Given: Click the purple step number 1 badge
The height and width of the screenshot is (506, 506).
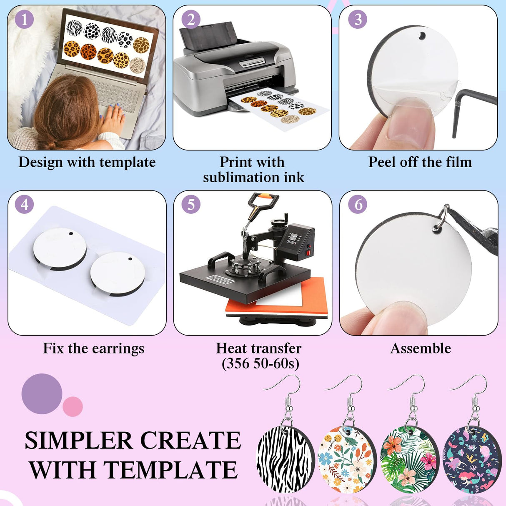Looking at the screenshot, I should (x=24, y=20).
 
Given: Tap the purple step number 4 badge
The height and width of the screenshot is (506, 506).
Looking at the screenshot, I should (x=25, y=205).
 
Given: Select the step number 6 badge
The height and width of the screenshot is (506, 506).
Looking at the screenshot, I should (x=358, y=205).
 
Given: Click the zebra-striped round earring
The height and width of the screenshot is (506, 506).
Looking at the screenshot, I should (x=284, y=456).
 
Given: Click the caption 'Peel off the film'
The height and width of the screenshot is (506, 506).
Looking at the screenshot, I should (x=420, y=162).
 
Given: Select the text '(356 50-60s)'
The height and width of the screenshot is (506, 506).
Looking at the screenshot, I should (x=260, y=363).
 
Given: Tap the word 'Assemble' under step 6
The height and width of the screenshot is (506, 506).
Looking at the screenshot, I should (x=420, y=348).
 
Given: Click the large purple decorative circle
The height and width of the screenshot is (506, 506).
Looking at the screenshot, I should (x=42, y=393).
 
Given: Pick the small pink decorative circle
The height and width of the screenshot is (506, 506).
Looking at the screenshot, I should (x=73, y=406).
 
